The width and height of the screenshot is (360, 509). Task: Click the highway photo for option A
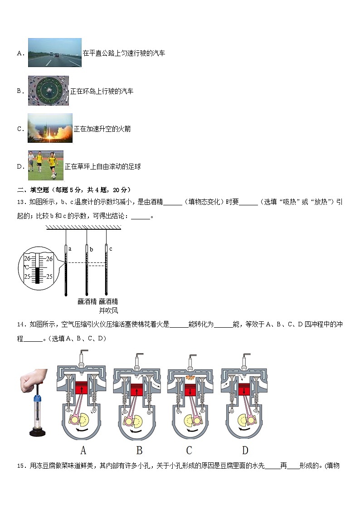pyautogui.click(x=54, y=53)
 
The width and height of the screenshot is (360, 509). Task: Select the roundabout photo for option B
pyautogui.click(x=49, y=91)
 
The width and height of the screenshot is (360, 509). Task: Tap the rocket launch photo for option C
pyautogui.click(x=50, y=128)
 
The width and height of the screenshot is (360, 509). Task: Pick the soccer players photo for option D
pyautogui.click(x=45, y=165)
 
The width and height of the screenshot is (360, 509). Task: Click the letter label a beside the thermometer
pyautogui.click(x=69, y=248)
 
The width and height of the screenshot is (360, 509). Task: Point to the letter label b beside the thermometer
pyautogui.click(x=91, y=249)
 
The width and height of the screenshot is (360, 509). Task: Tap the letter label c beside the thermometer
pyautogui.click(x=111, y=248)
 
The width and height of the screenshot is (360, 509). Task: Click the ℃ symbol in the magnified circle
pyautogui.click(x=26, y=267)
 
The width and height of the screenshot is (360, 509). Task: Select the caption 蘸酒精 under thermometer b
pyautogui.click(x=87, y=301)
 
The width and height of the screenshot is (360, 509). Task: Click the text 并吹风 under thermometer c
pyautogui.click(x=108, y=310)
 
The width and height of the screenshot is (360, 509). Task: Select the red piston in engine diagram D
pyautogui.click(x=245, y=390)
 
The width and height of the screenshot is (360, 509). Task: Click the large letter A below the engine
pyautogui.click(x=83, y=450)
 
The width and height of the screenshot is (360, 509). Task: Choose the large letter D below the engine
pyautogui.click(x=245, y=450)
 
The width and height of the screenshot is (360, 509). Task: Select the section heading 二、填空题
pyautogui.click(x=34, y=190)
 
